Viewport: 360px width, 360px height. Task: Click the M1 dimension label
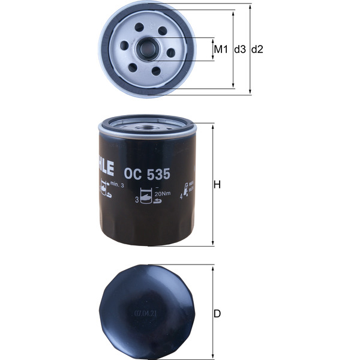(x=221, y=49)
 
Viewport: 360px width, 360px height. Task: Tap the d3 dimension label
(x=240, y=49)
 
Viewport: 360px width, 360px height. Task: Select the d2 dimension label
(x=257, y=49)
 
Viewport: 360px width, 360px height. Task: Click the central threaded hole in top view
(x=147, y=47)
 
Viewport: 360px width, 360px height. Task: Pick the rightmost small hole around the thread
(x=172, y=52)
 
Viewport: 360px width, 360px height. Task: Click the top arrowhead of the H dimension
(x=212, y=125)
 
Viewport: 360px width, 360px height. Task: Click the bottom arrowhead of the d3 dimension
(x=233, y=88)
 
